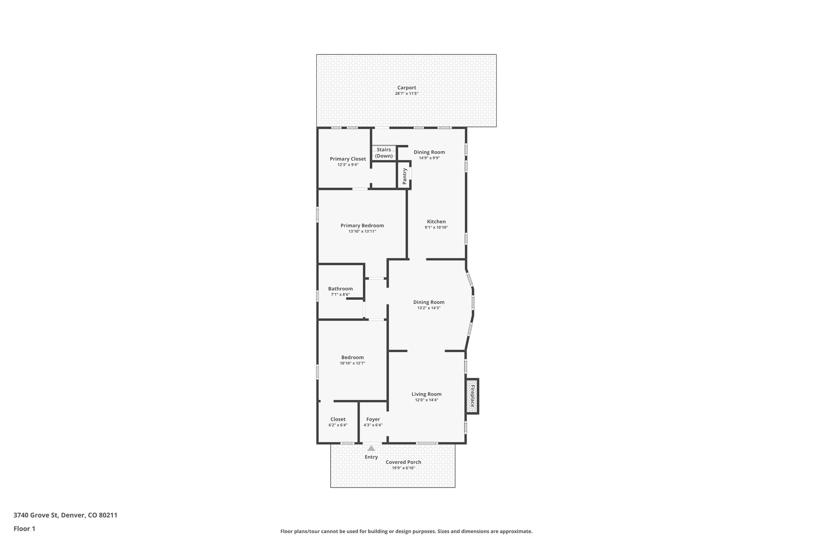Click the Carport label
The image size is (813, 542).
406,88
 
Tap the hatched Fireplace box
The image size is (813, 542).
472,396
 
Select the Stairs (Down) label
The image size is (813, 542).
384,153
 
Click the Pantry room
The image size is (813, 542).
405,176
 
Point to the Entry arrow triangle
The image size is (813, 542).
371,448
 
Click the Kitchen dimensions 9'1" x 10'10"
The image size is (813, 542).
436,228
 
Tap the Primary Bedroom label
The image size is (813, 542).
362,226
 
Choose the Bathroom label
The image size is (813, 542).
340,289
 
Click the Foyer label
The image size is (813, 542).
373,419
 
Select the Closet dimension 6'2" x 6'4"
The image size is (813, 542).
338,425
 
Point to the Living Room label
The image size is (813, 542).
426,394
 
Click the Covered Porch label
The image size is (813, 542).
403,462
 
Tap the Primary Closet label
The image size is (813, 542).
348,159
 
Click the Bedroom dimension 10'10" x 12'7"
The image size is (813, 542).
353,363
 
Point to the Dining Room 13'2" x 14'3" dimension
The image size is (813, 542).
429,308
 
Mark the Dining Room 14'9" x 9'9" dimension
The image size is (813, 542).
429,158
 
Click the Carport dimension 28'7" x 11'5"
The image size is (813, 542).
406,94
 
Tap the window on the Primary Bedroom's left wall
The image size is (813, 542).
318,214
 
